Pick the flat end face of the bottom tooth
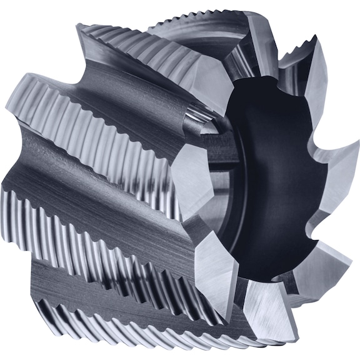[262, 312]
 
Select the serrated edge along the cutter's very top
[187, 22]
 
